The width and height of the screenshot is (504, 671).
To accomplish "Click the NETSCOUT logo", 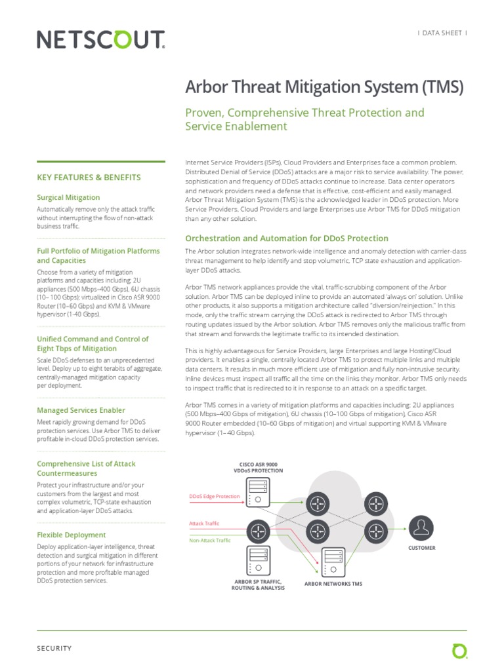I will click(x=100, y=41).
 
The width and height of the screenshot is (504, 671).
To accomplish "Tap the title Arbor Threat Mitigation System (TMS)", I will click(x=325, y=87).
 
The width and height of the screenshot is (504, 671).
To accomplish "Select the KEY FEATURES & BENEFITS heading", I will click(x=89, y=178).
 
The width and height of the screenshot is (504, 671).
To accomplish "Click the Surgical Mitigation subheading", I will click(x=68, y=197).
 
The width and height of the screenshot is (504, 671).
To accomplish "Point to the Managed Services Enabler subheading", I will click(x=81, y=410).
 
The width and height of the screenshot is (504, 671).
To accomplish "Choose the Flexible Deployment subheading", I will click(x=71, y=535).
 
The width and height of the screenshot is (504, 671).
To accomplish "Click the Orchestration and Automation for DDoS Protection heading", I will click(x=287, y=239).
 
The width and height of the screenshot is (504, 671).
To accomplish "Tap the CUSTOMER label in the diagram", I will click(x=421, y=548).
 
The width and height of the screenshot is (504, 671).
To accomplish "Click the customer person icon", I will click(x=421, y=526).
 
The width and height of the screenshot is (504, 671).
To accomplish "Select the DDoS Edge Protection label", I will click(x=214, y=496).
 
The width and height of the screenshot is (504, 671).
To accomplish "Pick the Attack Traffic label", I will click(x=204, y=524).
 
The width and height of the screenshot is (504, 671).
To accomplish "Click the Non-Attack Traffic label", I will click(x=210, y=541).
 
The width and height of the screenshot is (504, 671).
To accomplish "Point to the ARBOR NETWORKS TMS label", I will click(x=333, y=583).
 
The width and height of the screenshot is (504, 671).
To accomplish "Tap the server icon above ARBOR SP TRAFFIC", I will click(x=257, y=558).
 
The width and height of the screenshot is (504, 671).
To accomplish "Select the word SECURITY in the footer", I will click(x=54, y=648).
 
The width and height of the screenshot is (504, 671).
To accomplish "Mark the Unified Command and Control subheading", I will click(x=93, y=344).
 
